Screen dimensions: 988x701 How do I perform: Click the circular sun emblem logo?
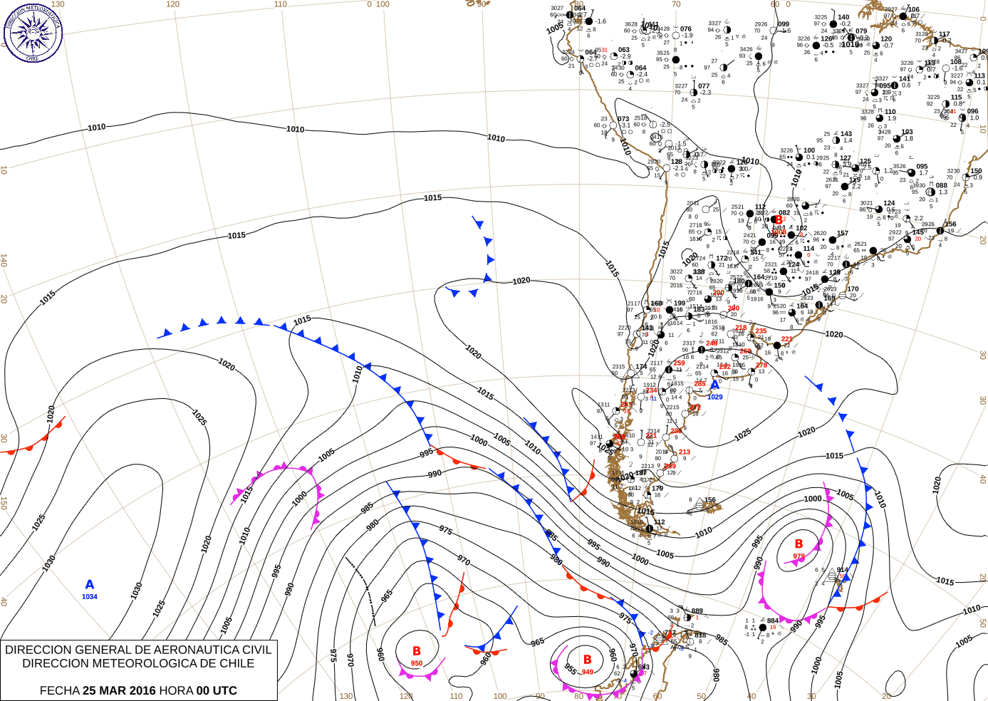pos(33,32)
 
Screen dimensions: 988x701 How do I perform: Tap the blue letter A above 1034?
pos(90,585)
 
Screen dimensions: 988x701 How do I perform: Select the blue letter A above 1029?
pos(714,385)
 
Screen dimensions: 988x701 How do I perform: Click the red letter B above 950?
pos(417,651)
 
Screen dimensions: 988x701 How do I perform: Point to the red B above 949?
pos(588,660)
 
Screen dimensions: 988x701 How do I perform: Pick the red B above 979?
pos(799,544)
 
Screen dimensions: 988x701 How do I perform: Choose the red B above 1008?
pos(779,220)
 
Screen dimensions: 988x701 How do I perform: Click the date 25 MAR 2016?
pos(119,690)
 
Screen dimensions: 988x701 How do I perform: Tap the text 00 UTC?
pos(217,690)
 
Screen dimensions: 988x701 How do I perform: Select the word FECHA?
pos(59,690)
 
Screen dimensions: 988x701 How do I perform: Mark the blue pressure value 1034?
pos(90,597)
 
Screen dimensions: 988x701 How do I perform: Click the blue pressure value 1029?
pos(715,397)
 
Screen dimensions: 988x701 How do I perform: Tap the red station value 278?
pos(761,365)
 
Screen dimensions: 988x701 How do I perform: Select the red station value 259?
pos(680,363)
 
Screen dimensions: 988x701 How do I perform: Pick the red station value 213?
pos(685,452)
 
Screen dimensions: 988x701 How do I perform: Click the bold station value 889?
pos(697,611)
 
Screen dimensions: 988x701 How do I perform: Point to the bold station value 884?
pos(773,620)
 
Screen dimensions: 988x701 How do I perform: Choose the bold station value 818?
pos(700,635)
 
